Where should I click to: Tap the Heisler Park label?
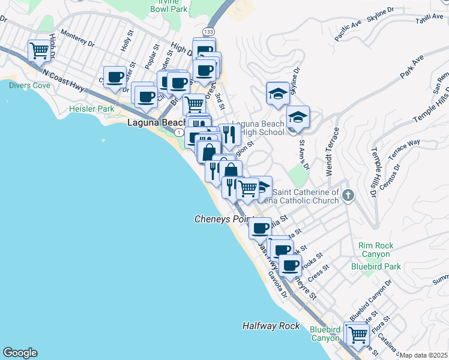pos(91,109)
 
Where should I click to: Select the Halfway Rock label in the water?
pos(271,326)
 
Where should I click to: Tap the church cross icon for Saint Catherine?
pos(349,195)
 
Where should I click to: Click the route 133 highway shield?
pos(208,31)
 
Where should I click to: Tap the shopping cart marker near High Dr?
pos(39,50)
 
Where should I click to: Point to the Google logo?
pos(20,353)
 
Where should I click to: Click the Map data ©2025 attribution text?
pos(424,355)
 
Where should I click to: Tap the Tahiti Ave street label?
pos(429,21)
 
